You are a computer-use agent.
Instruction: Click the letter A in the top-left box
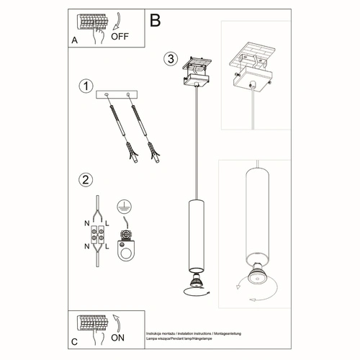click(x=74, y=40)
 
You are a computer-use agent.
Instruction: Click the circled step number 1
click(x=86, y=86)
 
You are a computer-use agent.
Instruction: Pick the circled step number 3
click(x=170, y=58)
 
